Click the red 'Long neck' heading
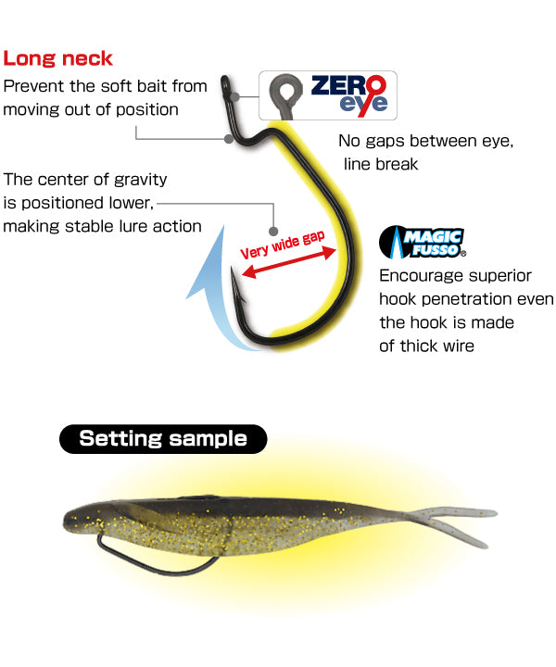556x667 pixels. click(x=57, y=58)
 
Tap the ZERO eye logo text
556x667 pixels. click(x=348, y=95)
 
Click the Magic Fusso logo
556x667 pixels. click(x=422, y=243)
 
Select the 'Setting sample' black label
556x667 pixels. click(x=163, y=438)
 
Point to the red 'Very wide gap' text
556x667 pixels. click(x=283, y=245)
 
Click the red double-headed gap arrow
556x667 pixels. click(x=289, y=262)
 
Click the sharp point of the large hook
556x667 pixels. click(x=232, y=268)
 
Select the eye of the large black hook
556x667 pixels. click(x=225, y=85)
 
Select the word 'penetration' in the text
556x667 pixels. click(x=466, y=299)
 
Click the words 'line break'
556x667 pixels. click(x=381, y=164)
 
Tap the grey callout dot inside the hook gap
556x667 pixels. click(x=273, y=232)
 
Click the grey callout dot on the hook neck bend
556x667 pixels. click(x=229, y=139)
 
